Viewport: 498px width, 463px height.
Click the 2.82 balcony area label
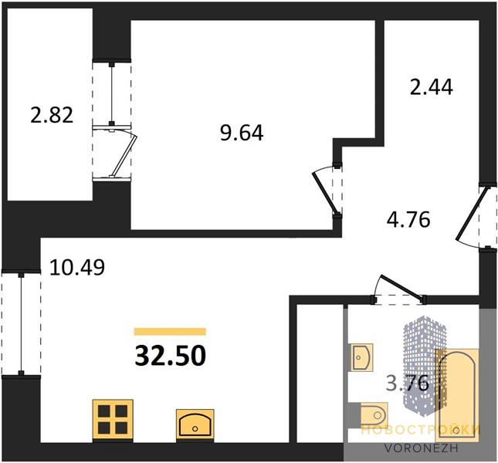52,115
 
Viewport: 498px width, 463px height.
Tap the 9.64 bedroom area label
242,133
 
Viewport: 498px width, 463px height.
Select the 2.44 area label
432,87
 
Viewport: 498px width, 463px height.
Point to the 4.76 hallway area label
408,220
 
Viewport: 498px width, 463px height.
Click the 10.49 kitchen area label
77,268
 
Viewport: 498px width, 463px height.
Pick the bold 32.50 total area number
171,356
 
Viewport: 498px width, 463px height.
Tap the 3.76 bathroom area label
408,384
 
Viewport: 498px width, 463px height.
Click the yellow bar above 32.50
170,332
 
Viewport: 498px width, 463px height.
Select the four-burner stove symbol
113,420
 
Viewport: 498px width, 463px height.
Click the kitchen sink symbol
195,425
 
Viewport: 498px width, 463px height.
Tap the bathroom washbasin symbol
362,357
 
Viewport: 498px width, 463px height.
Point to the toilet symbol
374,415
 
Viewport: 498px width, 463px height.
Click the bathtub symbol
457,395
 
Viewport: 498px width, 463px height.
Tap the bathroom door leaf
402,287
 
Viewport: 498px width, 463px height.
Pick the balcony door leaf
124,156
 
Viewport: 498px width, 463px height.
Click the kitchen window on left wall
22,323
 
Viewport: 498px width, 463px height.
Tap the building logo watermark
425,365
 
